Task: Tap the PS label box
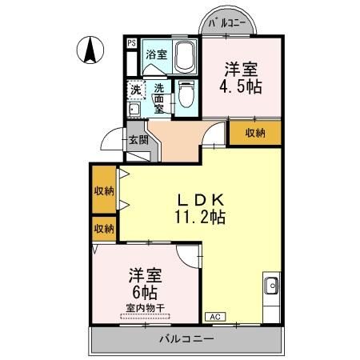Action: [x=130, y=43]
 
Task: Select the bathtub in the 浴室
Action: [x=184, y=58]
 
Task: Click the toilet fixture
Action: [x=186, y=95]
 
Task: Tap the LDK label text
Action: [x=198, y=200]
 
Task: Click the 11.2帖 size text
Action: [x=198, y=217]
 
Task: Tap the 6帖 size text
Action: [x=145, y=293]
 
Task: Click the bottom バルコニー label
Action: [x=186, y=340]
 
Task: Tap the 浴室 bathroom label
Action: [x=157, y=55]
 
